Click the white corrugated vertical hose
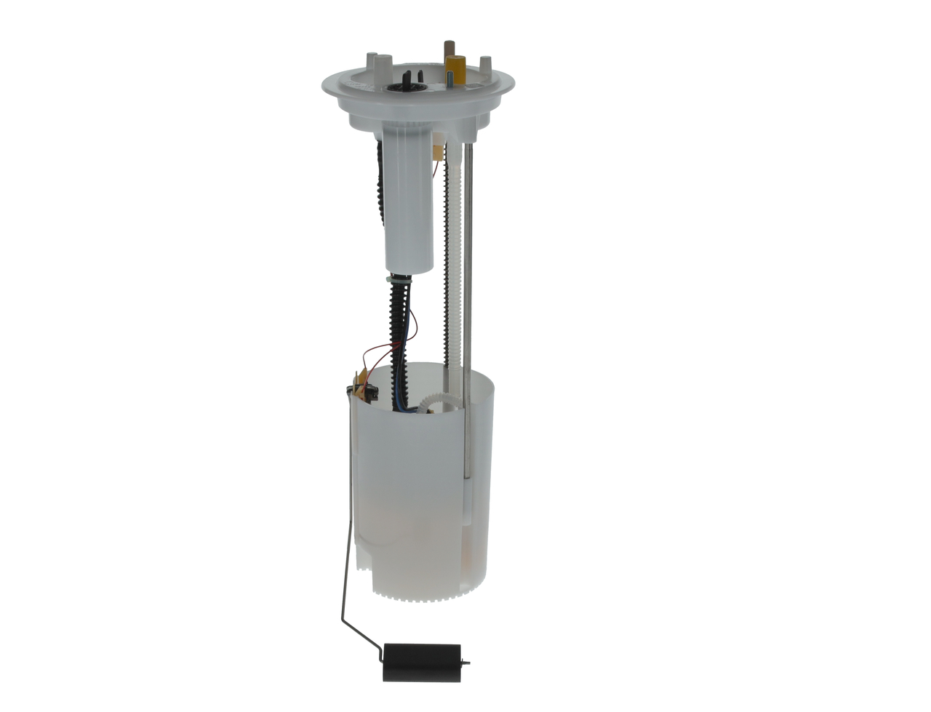(x=454, y=276)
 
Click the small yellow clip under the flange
(x=437, y=151)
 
